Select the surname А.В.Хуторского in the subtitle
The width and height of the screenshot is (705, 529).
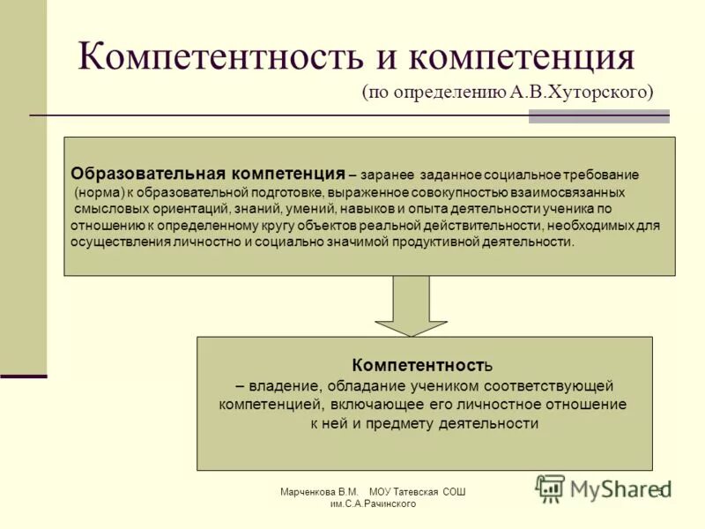[x=582, y=92]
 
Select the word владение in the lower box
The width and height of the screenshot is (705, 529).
[x=275, y=385]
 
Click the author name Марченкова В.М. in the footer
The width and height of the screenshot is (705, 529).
[x=318, y=491]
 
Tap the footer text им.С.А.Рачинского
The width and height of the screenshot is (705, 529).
[x=373, y=503]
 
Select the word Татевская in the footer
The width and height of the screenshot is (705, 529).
[x=419, y=491]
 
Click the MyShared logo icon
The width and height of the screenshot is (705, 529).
[x=550, y=488]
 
